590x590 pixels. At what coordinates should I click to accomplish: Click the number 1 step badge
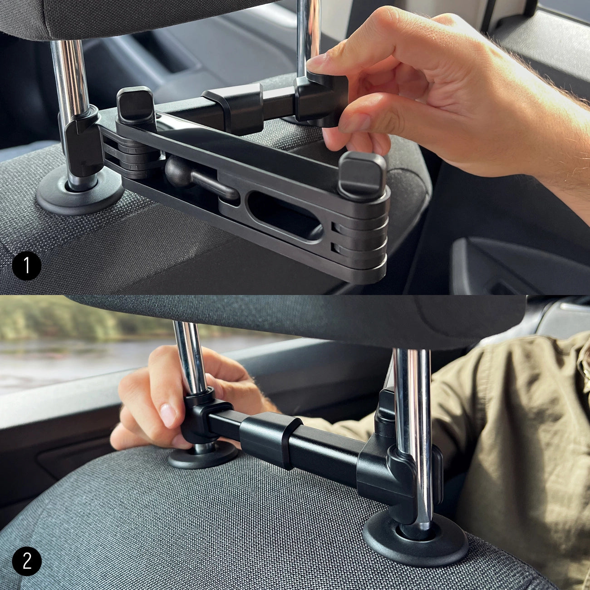(26, 265)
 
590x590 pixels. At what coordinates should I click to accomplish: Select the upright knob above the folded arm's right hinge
(362, 175)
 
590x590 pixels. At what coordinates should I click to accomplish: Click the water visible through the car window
(68, 359)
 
